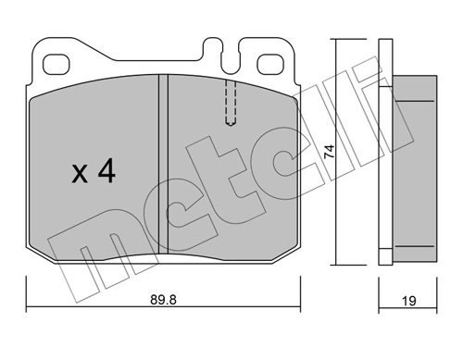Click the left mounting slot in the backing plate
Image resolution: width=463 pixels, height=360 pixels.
coord(57,66)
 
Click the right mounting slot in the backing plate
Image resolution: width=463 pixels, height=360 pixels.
coord(271,66)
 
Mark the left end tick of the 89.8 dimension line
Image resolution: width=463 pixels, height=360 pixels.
coord(27,307)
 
